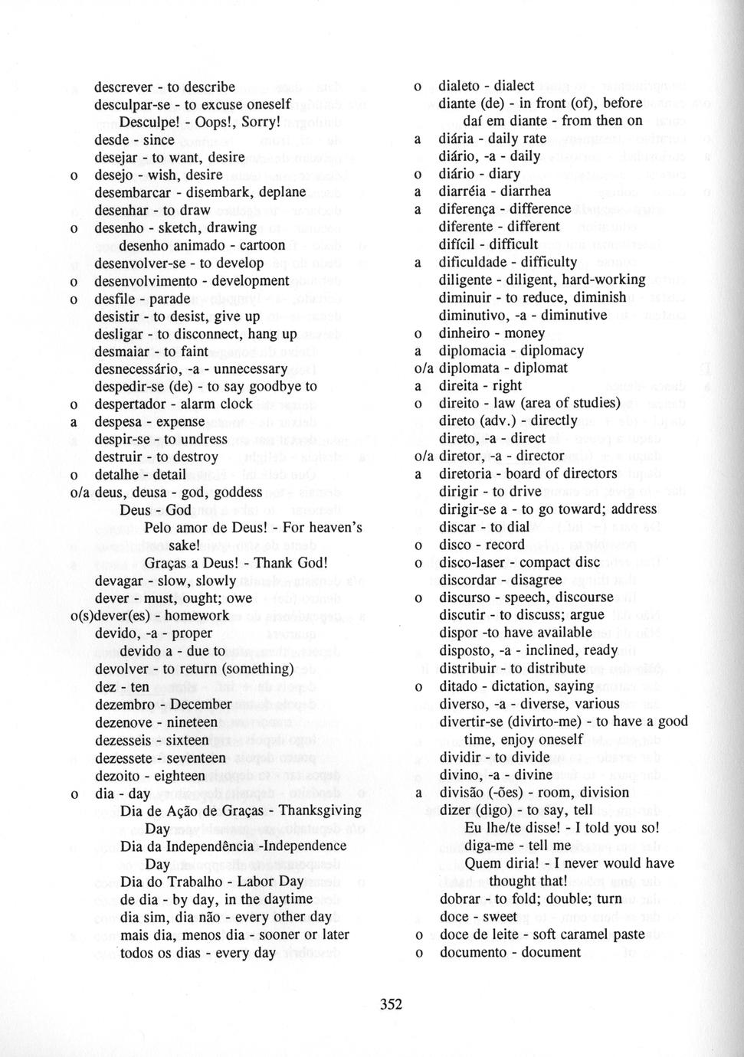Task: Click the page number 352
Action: pyautogui.click(x=391, y=1004)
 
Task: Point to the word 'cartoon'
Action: pyautogui.click(x=262, y=245)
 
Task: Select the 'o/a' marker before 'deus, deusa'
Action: pyautogui.click(x=80, y=493)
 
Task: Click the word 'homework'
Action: pyautogui.click(x=202, y=616)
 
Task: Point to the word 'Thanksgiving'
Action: pyautogui.click(x=320, y=810)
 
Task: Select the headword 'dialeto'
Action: pyautogui.click(x=461, y=86)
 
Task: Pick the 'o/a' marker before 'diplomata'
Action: pyautogui.click(x=424, y=368)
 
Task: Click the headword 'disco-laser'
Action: pyautogui.click(x=472, y=562)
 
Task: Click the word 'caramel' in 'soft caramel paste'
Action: pyautogui.click(x=582, y=934)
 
